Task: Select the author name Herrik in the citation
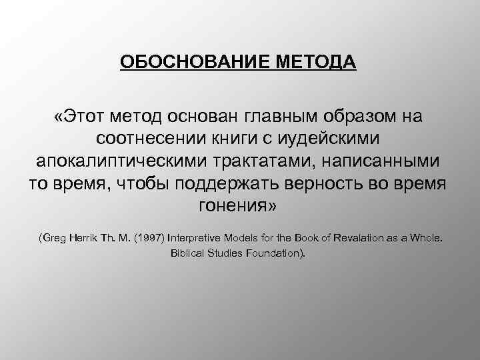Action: pos(83,237)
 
